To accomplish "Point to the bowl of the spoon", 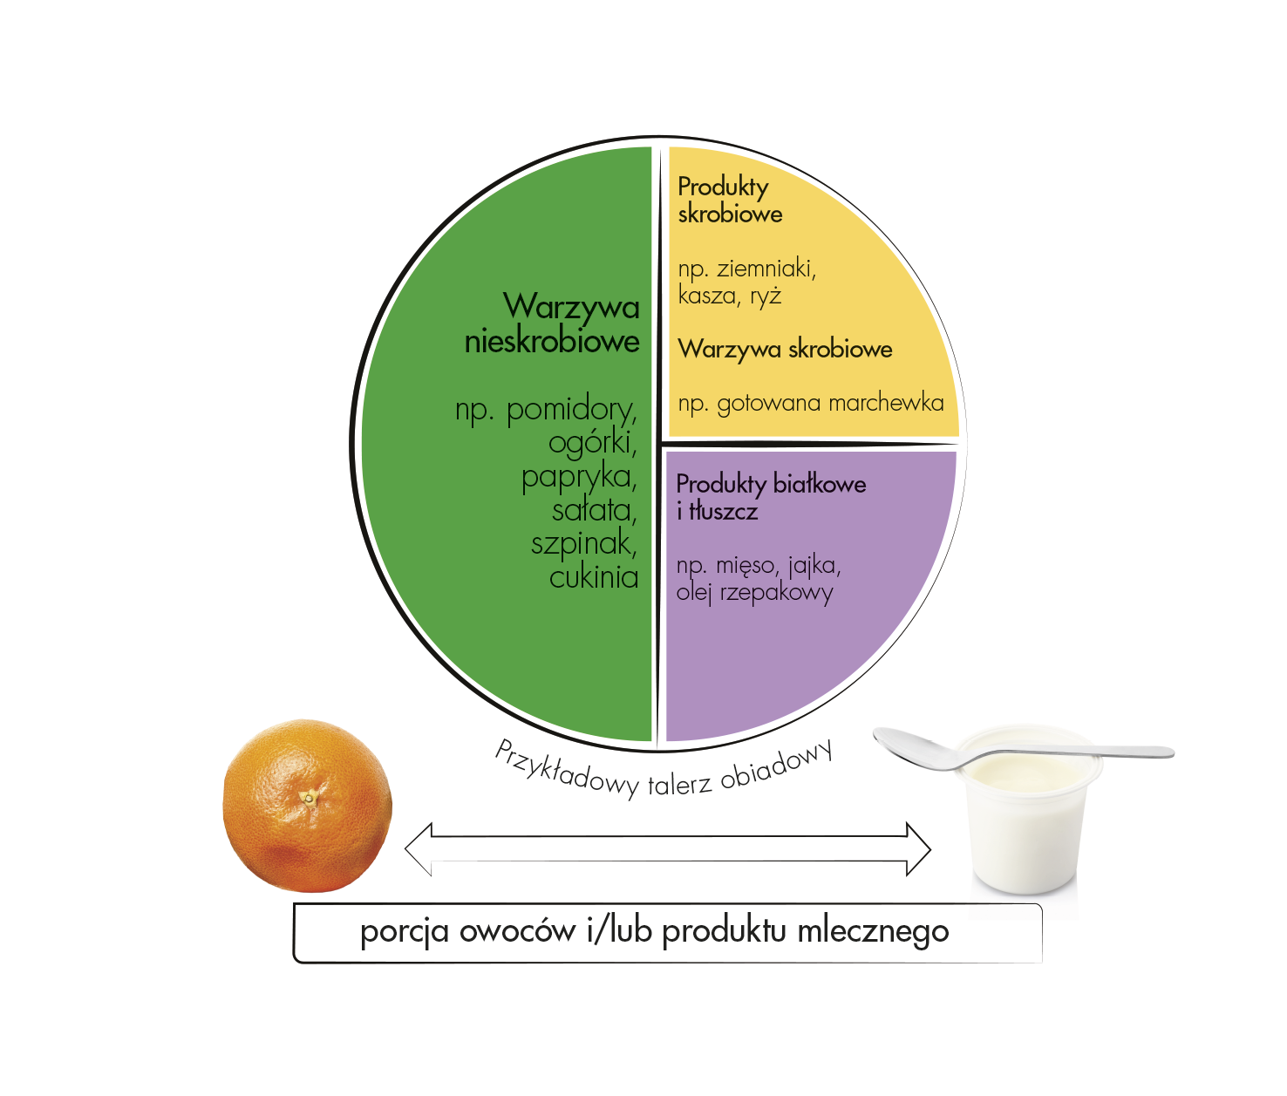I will [x=911, y=746].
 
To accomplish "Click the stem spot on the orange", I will [x=309, y=796].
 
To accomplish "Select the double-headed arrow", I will [x=668, y=848].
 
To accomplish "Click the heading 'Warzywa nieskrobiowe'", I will [x=553, y=323].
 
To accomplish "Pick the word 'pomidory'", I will [x=571, y=408].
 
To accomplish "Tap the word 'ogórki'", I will [x=592, y=442].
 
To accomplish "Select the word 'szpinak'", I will [x=583, y=543].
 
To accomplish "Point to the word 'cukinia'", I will [x=594, y=577].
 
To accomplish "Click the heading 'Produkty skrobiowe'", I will [x=729, y=200].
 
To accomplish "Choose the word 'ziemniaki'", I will [x=766, y=269].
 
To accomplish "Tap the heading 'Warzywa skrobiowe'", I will [x=785, y=349].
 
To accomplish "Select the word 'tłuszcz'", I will [x=723, y=511].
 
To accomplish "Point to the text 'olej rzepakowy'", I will [x=754, y=593].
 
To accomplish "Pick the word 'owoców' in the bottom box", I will [x=517, y=931].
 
